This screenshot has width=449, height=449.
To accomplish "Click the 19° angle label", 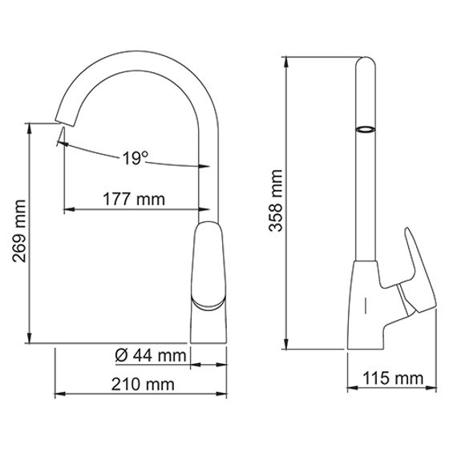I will [136, 159].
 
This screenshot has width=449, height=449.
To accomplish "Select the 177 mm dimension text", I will [133, 199].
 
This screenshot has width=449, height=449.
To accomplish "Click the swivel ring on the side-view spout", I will [365, 130].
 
